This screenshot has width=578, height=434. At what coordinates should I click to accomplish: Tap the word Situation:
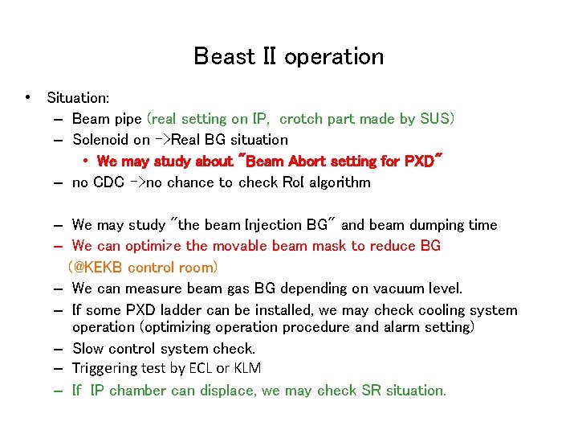tap(78, 98)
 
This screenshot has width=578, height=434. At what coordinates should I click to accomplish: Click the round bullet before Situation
tap(28, 98)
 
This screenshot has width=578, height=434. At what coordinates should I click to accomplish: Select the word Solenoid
tap(100, 140)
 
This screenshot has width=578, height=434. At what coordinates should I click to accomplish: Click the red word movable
tap(248, 246)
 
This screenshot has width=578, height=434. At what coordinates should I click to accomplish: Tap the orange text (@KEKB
tap(97, 267)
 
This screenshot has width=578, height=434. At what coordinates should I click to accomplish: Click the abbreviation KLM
tap(246, 369)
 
